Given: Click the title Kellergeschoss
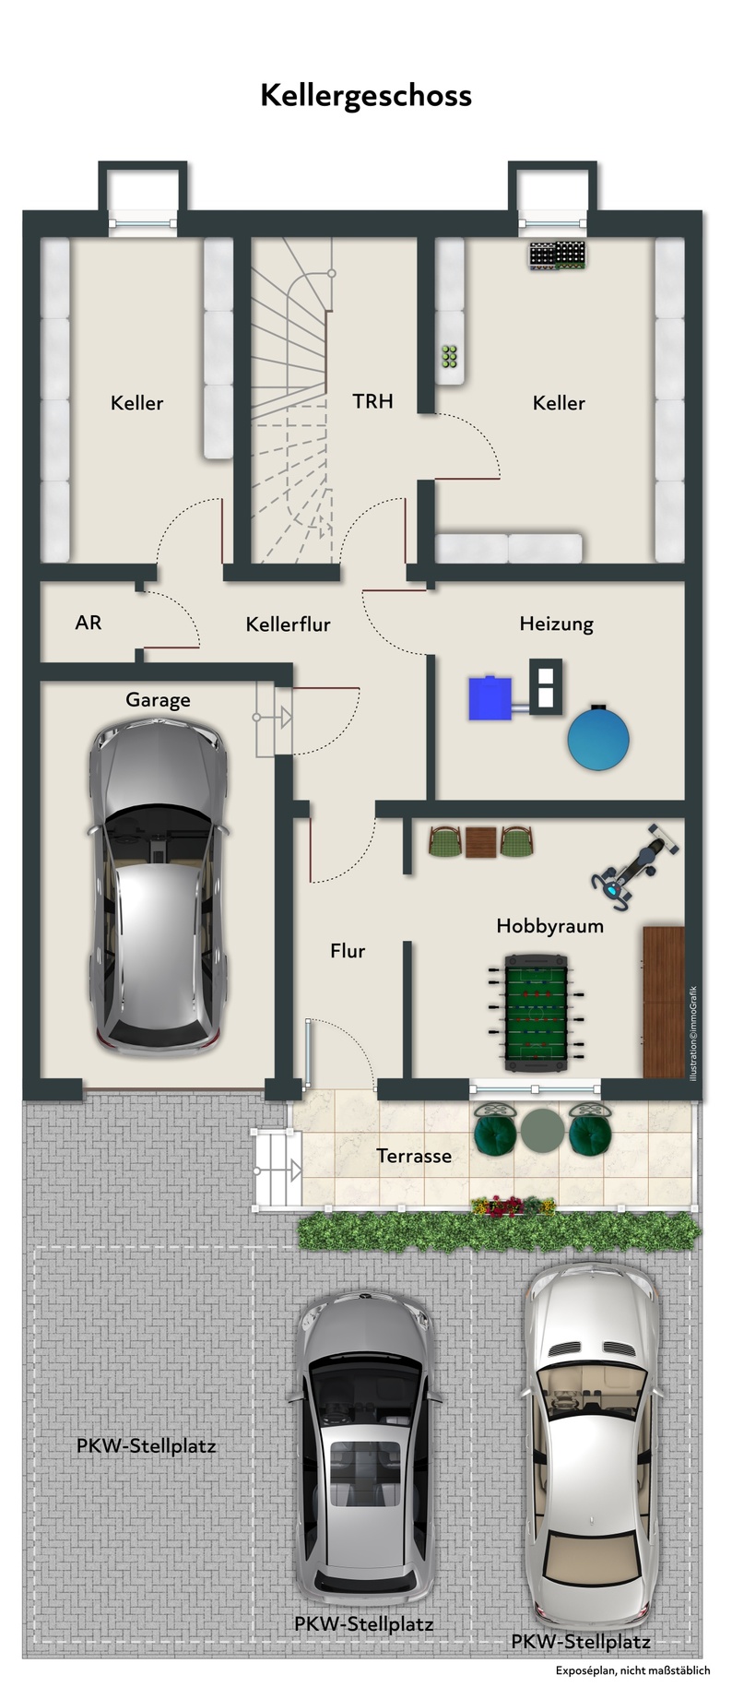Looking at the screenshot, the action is [366, 96].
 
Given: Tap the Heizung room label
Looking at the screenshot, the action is [556, 624].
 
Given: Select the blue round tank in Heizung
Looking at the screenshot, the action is [599, 736].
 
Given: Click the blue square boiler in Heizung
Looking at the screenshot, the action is [490, 698].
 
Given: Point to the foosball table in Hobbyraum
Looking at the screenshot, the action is [536, 1014].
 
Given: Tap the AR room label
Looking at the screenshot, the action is [89, 623].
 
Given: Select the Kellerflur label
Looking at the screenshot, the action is [288, 624].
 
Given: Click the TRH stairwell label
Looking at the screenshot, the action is [372, 401].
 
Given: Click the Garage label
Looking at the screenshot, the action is [158, 700].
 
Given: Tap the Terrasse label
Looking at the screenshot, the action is [414, 1156].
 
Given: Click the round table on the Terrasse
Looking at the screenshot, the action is [541, 1130].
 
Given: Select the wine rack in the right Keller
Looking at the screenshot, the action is [558, 257].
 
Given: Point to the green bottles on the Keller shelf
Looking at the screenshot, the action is [451, 357].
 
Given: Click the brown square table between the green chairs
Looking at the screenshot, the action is [480, 842].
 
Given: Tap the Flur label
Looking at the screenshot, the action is [348, 951].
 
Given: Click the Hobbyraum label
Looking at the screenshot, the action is [550, 926].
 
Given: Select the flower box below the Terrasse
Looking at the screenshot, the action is [514, 1205].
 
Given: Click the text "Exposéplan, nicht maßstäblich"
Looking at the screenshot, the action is [632, 1670].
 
